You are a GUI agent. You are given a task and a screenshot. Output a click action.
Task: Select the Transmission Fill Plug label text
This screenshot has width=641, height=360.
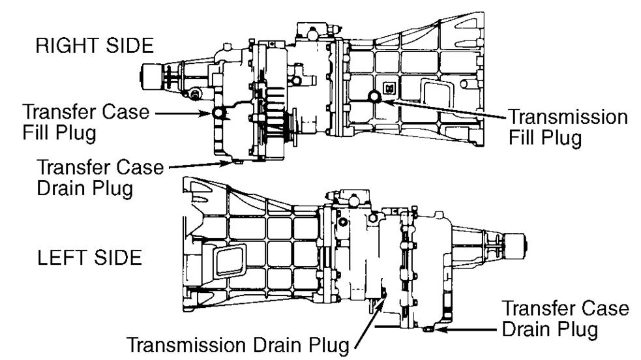click(x=567, y=128)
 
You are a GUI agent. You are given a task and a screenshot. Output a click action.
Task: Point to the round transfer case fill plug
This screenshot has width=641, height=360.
click(x=219, y=113)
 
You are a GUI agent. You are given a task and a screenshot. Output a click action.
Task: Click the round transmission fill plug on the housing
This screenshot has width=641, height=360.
click(x=375, y=97)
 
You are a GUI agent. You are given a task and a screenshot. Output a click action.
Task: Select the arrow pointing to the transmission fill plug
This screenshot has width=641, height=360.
click(x=443, y=108)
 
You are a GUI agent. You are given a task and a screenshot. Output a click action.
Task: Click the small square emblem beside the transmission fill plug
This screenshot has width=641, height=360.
click(x=389, y=87)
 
